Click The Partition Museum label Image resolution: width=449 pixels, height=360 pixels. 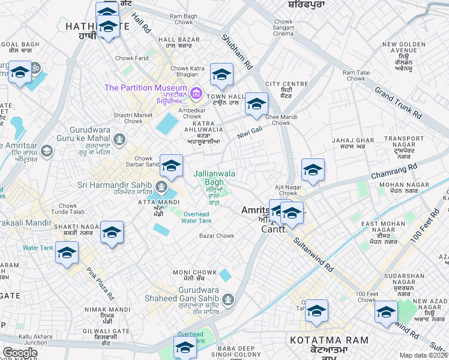coord(146,88)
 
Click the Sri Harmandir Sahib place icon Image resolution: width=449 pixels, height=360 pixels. coord(161,185)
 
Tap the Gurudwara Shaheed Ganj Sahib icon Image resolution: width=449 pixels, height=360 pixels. coord(228,299)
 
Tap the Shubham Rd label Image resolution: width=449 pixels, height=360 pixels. coord(238,51)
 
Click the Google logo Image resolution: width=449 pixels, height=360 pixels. coord(20,352)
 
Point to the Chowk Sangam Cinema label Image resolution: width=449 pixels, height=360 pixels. coord(283,28)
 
